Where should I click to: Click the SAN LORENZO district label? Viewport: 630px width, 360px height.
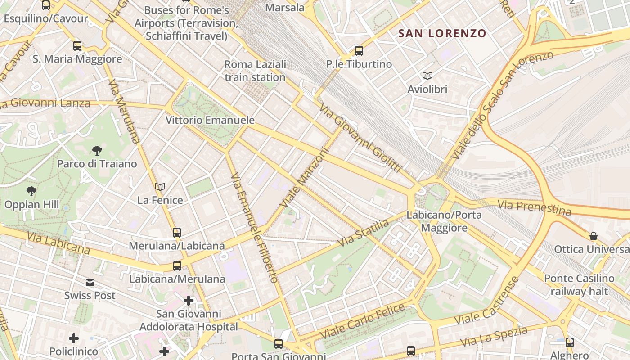coord(443,33)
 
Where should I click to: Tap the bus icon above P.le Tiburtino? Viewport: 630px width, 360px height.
coord(359,50)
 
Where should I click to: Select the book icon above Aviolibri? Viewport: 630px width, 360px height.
coord(427,76)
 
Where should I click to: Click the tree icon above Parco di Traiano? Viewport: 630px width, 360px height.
coord(97,150)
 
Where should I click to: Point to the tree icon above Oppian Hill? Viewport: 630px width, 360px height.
coord(31,191)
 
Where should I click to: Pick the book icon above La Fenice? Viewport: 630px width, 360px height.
coord(160,187)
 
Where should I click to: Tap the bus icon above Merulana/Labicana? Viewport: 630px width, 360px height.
coord(177,232)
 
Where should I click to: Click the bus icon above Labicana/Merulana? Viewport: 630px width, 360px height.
coord(177,265)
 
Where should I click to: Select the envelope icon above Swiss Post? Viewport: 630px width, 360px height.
coord(90,282)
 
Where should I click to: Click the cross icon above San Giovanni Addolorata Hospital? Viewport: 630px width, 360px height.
coord(189,300)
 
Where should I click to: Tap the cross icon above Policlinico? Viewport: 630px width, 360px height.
coord(74,338)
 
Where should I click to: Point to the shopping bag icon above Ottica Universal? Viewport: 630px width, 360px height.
coord(594,236)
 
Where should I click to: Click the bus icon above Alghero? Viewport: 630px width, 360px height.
coord(570,342)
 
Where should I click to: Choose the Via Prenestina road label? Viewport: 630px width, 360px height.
coord(534,207)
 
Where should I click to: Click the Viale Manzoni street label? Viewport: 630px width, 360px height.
coord(305,178)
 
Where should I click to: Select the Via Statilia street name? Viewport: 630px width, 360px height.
coord(364,233)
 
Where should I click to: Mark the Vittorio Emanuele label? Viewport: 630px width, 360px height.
coord(210,120)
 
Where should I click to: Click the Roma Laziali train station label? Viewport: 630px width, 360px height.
coord(255,71)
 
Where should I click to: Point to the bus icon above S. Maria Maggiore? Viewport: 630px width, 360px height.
coord(77,45)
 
